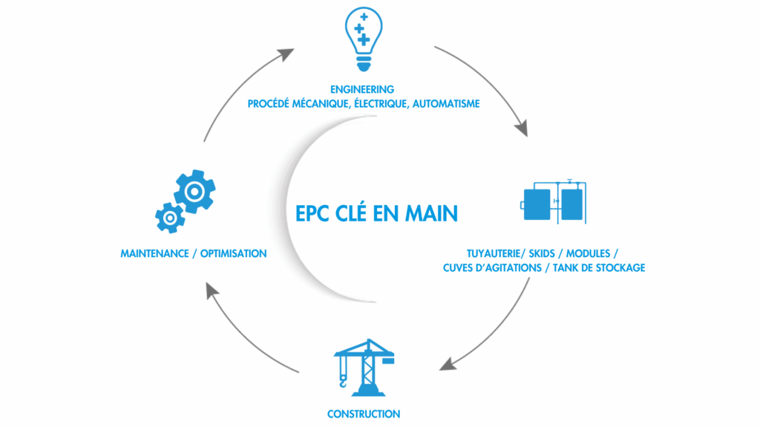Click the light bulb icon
point(364,39)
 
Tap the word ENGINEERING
point(362,89)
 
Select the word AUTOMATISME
point(446,104)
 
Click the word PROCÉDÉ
point(268,104)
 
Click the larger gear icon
point(195,192)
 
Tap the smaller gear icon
point(170,218)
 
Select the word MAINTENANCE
point(154,254)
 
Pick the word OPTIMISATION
point(233,254)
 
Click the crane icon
point(364,367)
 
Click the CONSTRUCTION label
point(364,415)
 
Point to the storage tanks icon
point(554,201)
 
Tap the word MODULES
point(588,254)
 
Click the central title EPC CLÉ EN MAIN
point(376,213)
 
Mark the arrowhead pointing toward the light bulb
point(286,53)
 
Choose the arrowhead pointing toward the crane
point(448,364)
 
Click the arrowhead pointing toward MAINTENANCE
point(212,291)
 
